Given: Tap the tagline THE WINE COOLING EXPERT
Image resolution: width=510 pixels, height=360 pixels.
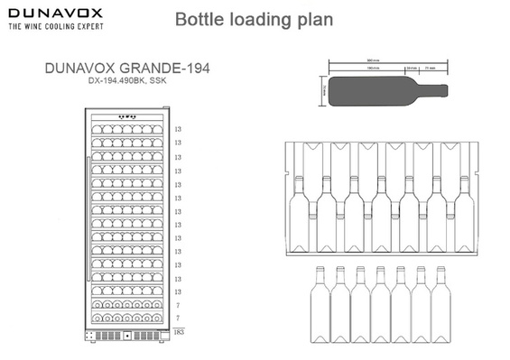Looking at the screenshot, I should (54, 27).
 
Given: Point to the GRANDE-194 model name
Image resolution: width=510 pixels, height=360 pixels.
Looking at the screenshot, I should (162, 69).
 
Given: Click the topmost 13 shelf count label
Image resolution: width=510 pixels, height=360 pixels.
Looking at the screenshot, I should (179, 130).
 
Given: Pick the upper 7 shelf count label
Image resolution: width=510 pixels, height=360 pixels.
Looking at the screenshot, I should (178, 306).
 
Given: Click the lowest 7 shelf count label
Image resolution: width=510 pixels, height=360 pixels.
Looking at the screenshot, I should (178, 318).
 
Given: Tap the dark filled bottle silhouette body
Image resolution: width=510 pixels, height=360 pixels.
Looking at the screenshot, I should (370, 90).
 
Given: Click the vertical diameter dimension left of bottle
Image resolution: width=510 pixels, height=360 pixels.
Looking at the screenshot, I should (323, 90).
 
